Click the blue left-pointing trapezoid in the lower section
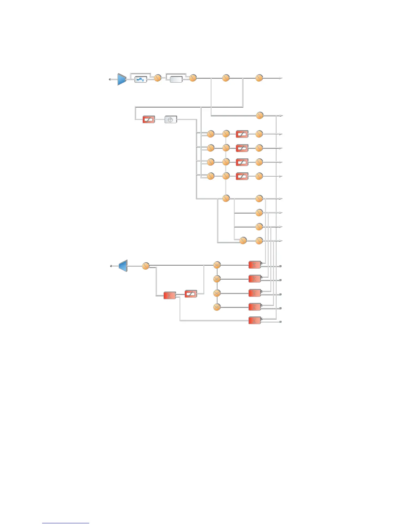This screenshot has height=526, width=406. (123, 266)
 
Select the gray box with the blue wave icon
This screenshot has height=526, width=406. (141, 79)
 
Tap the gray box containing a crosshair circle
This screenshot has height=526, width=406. (171, 120)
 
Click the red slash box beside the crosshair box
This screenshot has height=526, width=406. (149, 120)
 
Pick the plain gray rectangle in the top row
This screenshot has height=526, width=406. (176, 79)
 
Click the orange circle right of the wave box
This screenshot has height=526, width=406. (158, 78)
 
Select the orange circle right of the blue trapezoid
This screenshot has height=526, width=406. (146, 266)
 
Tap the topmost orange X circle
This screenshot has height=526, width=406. (217, 265)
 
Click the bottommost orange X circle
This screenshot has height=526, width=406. (217, 307)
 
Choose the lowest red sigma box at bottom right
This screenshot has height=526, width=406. (255, 320)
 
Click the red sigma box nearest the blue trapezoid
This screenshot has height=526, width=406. (170, 296)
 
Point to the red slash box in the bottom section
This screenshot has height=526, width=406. (191, 294)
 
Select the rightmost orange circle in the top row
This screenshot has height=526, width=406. (259, 78)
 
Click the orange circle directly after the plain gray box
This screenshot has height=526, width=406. (193, 78)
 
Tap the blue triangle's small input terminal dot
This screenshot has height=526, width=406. (110, 79)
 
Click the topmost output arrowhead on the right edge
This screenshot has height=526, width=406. (281, 78)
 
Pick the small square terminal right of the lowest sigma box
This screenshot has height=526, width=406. (281, 322)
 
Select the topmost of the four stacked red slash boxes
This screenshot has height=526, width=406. (242, 134)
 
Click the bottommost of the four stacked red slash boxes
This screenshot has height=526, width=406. (242, 176)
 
